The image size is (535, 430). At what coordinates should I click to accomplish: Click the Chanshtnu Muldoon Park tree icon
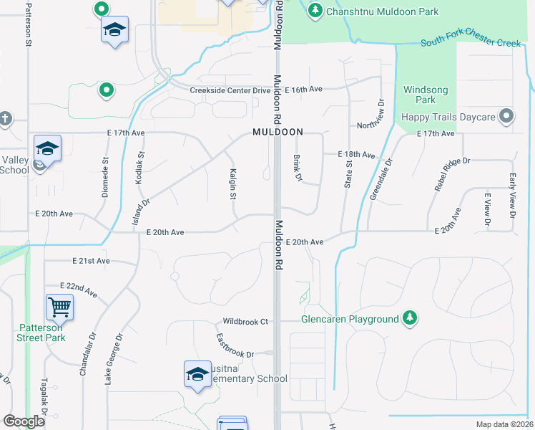315,11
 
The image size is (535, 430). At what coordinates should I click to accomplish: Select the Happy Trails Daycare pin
506,116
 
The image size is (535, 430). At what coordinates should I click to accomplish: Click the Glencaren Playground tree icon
409,317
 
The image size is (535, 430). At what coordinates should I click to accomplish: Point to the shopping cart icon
60,307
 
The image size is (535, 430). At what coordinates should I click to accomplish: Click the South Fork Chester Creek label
471,43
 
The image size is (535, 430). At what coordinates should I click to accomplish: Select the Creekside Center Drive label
230,90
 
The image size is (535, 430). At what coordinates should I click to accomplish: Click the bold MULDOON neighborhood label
278,133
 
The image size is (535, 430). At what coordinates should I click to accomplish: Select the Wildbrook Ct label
244,322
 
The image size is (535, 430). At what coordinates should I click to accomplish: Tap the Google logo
24,421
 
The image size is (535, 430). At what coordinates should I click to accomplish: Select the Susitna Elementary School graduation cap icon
197,374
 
